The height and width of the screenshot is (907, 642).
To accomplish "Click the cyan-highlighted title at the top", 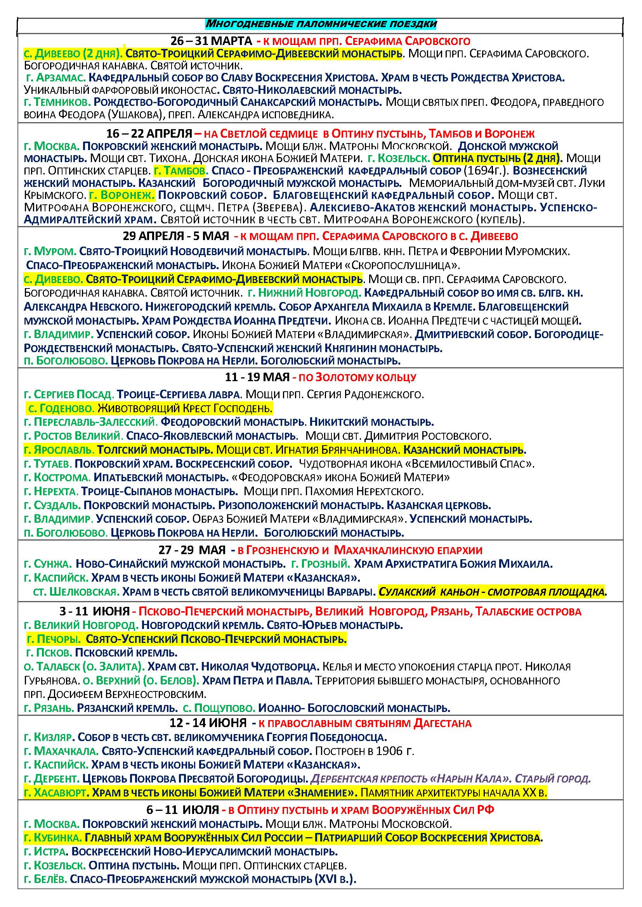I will pos(321,24).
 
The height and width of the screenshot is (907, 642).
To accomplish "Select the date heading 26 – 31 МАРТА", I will pos(211,41).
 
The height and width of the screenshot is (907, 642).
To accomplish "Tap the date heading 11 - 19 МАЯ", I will pos(257,377).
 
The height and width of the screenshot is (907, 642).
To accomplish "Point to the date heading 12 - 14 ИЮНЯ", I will pos(208,723).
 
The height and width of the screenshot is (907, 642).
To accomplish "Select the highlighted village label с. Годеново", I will pos(61,408).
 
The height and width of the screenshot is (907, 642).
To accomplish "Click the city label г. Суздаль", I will pos(52,505).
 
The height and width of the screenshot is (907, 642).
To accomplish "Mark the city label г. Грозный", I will pos(320,564).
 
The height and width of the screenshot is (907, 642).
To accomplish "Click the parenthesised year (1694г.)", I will pos(489,171).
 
